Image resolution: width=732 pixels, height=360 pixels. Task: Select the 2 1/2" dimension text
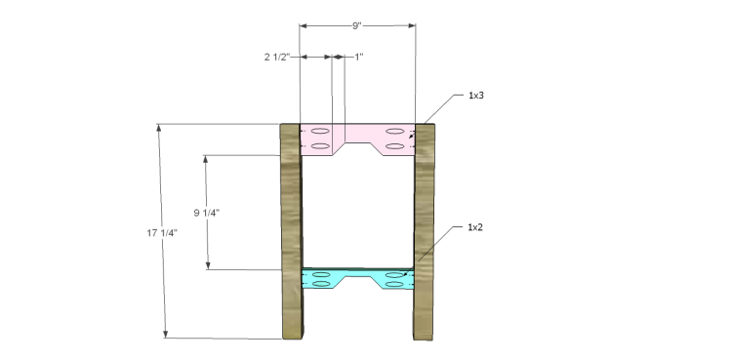coord(279,58)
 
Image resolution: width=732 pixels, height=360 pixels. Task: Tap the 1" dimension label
coord(357,58)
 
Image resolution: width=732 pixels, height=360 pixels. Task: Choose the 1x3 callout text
coord(477,96)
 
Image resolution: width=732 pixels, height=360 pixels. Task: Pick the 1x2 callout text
coord(477,227)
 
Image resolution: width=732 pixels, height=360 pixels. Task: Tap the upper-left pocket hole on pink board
coord(321,130)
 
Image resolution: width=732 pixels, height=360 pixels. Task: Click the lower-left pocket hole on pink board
coord(321,146)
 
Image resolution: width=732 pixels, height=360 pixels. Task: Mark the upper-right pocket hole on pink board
coord(395,130)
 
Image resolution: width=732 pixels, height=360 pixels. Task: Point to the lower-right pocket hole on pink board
coord(395,146)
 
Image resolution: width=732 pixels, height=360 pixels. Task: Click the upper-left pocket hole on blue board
coord(321,277)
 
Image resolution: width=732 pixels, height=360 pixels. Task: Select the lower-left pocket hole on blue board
coord(321,288)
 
